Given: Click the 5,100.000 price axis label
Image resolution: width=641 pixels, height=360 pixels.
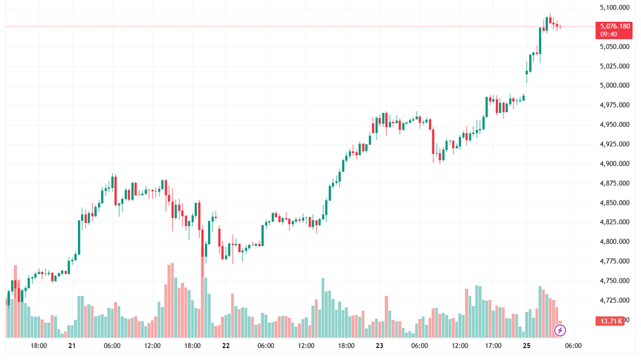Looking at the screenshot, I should coord(615,8).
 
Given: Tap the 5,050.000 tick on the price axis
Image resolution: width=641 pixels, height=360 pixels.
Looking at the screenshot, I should coord(615,46).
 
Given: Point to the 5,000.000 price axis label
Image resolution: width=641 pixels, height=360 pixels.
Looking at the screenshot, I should coord(615,85).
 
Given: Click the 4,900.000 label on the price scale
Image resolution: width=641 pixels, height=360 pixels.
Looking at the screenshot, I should coord(615,163).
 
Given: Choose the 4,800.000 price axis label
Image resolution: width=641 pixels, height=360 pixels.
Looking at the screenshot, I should coord(615,241).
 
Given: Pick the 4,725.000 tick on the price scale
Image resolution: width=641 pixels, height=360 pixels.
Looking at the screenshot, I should coord(615,300).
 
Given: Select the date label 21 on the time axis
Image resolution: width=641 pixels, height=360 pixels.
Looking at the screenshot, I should coord(72,346).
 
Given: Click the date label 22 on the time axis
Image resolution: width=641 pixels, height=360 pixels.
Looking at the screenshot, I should coord(226,346).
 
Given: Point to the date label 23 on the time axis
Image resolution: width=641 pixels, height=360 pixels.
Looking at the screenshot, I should coord(380,346).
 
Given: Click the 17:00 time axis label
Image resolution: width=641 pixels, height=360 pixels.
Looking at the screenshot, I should coord(493,346).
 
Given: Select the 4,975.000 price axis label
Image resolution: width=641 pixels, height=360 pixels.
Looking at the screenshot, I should coord(615,105).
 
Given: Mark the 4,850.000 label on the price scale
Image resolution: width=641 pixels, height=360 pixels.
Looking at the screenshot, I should coord(615,202).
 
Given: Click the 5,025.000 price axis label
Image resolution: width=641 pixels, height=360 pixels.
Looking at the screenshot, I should coord(615,66).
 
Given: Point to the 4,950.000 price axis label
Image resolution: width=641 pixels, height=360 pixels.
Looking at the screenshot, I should coord(615,124).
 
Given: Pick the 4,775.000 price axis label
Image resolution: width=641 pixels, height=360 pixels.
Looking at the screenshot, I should coord(615,261).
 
